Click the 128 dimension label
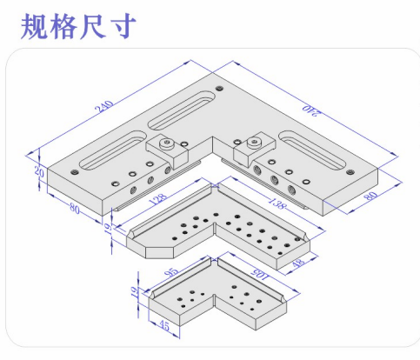coord(158,198)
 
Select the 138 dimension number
coord(277,203)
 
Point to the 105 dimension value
coord(260,275)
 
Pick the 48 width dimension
coord(298,263)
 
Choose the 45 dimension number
coord(164,326)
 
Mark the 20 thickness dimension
coord(39,172)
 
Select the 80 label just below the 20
coord(75,208)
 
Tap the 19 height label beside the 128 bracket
coord(108,229)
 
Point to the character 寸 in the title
coord(123,27)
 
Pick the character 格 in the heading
coord(63,27)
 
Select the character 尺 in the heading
coord(93,27)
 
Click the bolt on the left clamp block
coord(167,143)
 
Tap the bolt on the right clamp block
coord(254,143)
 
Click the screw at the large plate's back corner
coord(220,88)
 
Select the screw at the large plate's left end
coord(75,172)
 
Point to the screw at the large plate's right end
coord(350,172)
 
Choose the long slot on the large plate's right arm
coord(312,150)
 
